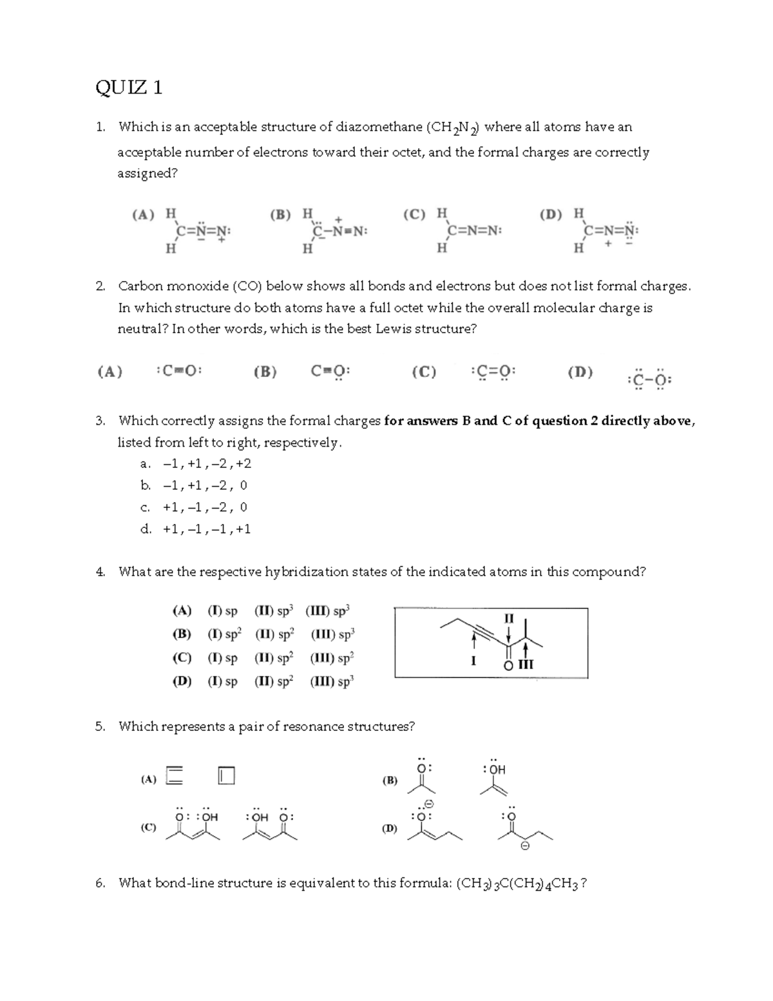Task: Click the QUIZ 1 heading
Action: pos(129,87)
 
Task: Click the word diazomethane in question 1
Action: pos(379,127)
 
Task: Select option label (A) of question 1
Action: pos(143,215)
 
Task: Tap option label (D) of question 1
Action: pos(551,214)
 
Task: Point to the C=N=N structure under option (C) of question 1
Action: pos(474,231)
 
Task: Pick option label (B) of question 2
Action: pos(265,372)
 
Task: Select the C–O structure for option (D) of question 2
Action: pos(649,380)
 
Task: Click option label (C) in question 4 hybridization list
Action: pos(182,658)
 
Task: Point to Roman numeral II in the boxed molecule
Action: pos(509,618)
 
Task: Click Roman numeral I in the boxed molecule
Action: pos(473,661)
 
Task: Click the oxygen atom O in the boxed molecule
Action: pos(508,665)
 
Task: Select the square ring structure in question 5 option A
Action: pos(226,775)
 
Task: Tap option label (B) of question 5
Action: pos(390,780)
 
